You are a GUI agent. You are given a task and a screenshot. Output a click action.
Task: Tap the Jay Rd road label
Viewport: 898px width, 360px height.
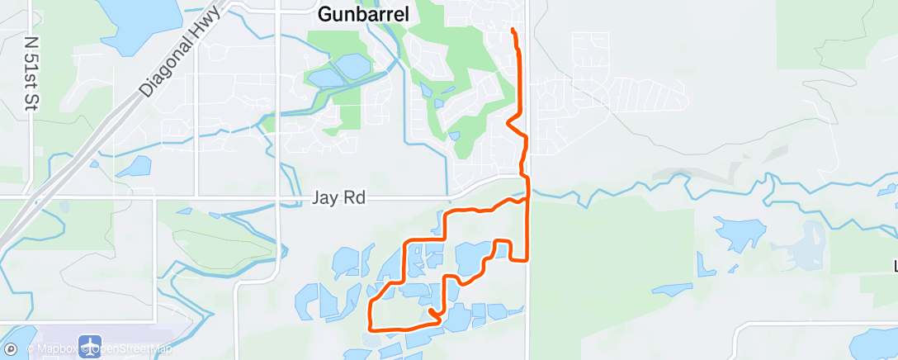point(338,198)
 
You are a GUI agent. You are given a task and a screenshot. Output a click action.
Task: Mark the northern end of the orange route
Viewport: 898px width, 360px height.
point(513,30)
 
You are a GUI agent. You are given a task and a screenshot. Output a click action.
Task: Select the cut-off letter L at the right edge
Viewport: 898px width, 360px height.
point(895,266)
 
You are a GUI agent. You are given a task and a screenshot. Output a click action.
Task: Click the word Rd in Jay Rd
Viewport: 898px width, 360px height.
point(353,198)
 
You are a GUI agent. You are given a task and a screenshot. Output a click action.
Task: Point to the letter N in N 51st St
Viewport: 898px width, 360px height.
point(33,41)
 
